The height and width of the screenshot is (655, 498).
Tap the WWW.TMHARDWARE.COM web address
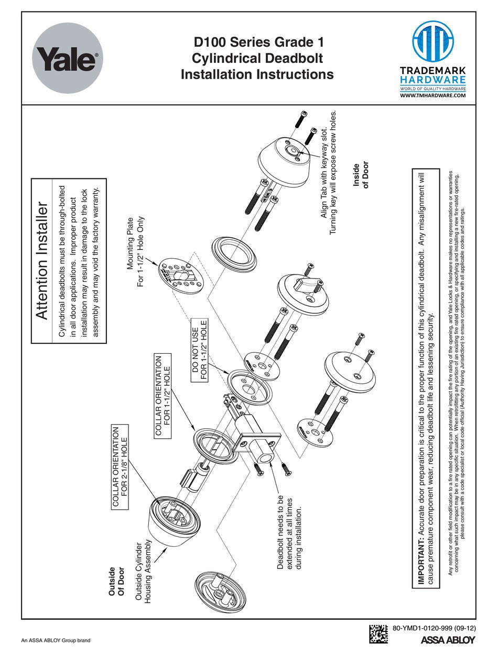point(432,96)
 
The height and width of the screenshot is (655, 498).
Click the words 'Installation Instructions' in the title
point(257,75)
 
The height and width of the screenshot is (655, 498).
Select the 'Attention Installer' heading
point(42,262)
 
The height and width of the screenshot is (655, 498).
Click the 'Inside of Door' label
point(362,174)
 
